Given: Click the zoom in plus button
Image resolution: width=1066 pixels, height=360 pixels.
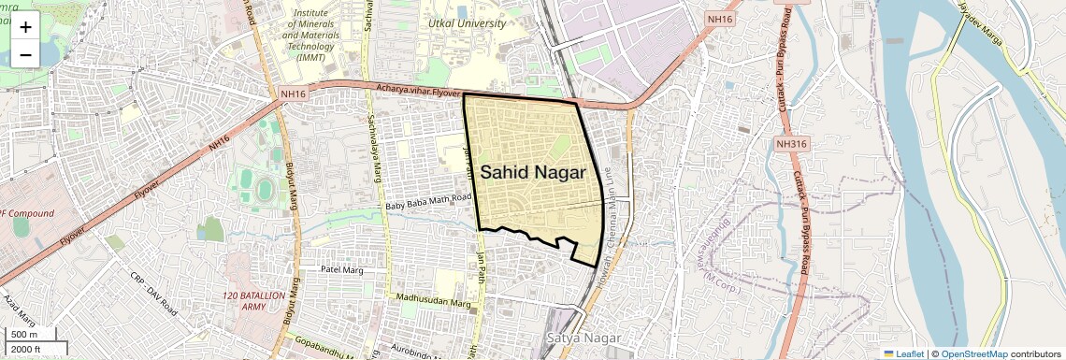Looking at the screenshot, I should [x=25, y=27].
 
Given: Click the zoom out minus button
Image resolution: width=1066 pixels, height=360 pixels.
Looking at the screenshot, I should [x=25, y=54].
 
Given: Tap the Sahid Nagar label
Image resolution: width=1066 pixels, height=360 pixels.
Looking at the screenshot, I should [x=533, y=173].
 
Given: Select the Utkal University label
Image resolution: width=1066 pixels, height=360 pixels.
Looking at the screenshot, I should [x=466, y=22].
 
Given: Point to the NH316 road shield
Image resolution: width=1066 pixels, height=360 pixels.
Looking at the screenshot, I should [x=790, y=144].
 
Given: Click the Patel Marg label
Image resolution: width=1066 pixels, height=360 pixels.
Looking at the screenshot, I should [x=341, y=268].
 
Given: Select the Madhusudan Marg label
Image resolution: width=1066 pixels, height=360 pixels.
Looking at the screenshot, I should [x=432, y=300].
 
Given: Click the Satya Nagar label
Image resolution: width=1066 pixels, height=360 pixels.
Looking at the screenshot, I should [x=574, y=335].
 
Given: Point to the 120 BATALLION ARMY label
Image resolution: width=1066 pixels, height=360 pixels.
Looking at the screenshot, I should [x=253, y=300].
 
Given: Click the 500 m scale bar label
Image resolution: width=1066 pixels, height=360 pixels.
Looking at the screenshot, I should [x=24, y=334].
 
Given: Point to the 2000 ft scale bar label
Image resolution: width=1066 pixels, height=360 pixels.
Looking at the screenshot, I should [x=27, y=350].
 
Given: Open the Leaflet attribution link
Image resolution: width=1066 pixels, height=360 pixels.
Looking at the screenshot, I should [x=903, y=353].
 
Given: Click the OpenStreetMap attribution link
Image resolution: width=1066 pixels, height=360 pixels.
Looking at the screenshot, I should [x=974, y=353].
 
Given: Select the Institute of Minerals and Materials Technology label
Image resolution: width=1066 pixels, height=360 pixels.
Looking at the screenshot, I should [x=317, y=36].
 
